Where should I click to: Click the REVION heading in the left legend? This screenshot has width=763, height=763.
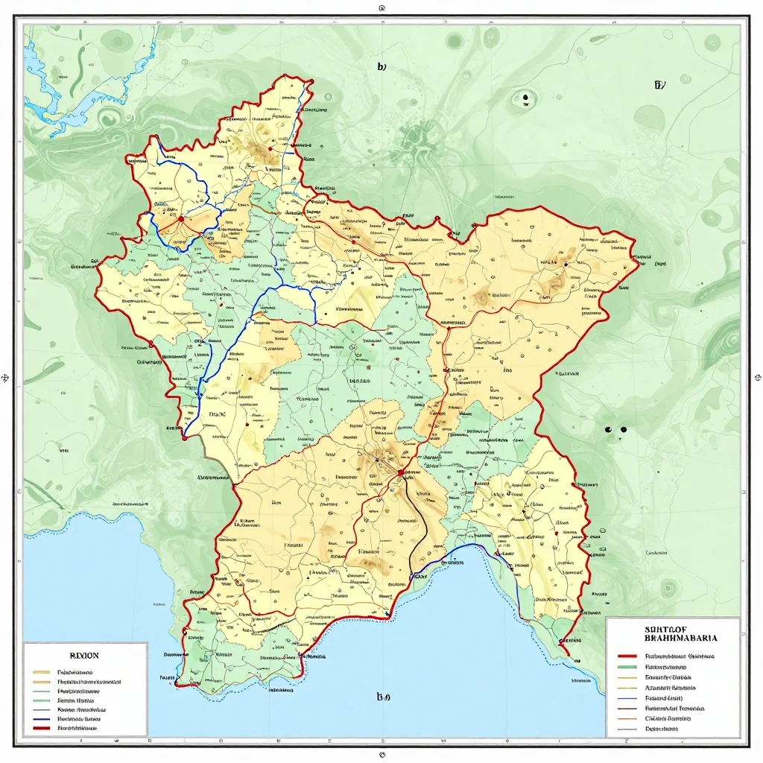click(83, 656)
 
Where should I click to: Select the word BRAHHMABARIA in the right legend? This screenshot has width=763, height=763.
click(680, 639)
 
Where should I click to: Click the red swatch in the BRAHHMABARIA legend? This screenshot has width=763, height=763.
click(629, 657)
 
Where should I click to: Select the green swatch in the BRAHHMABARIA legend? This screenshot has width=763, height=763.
click(629, 668)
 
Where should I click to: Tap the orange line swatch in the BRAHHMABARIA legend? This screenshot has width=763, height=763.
click(629, 719)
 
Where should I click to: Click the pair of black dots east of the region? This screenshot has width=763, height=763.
click(615, 430)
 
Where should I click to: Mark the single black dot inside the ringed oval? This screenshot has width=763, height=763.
click(526, 97)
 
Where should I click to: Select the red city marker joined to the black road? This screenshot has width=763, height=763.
click(401, 472)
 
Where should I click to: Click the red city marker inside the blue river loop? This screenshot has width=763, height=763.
click(181, 219)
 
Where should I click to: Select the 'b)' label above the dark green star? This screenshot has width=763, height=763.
click(381, 66)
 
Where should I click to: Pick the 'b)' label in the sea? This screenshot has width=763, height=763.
click(383, 697)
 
